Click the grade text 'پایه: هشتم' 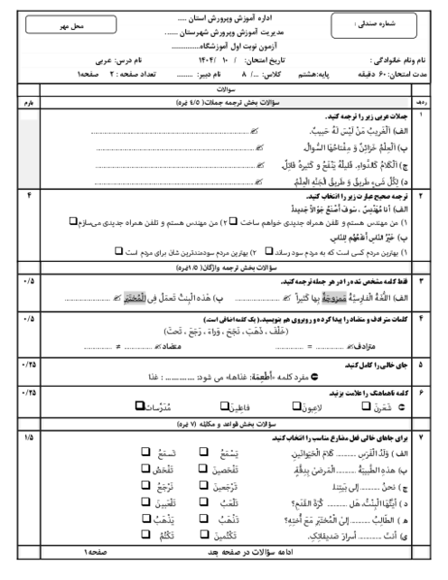click(295, 70)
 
